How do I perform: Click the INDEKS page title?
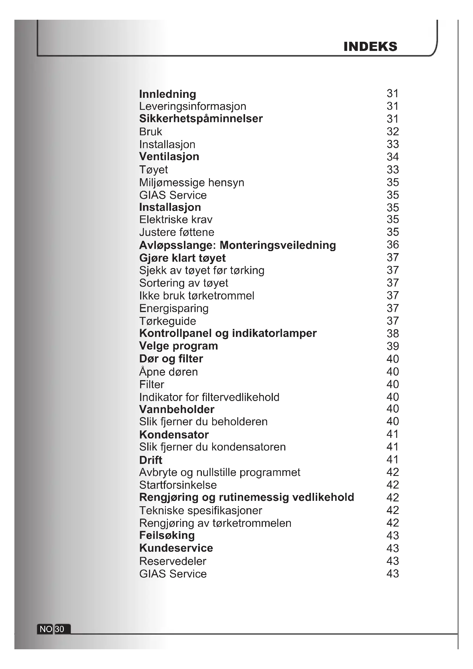370,47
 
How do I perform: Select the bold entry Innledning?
168,94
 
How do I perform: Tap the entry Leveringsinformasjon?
192,106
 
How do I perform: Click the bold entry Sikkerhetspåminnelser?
201,119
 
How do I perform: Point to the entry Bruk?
150,132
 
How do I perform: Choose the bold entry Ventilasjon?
169,157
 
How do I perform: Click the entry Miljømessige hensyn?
192,183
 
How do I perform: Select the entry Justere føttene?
176,232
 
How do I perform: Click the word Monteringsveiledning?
278,245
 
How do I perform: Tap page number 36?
392,245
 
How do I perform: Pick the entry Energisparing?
174,308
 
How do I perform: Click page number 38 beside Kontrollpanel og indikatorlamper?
392,333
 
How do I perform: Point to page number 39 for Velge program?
392,346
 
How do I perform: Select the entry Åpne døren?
168,372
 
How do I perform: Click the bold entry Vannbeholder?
176,409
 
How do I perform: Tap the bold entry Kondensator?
174,435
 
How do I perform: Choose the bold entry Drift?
151,460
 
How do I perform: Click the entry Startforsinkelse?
178,485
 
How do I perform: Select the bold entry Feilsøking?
167,535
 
